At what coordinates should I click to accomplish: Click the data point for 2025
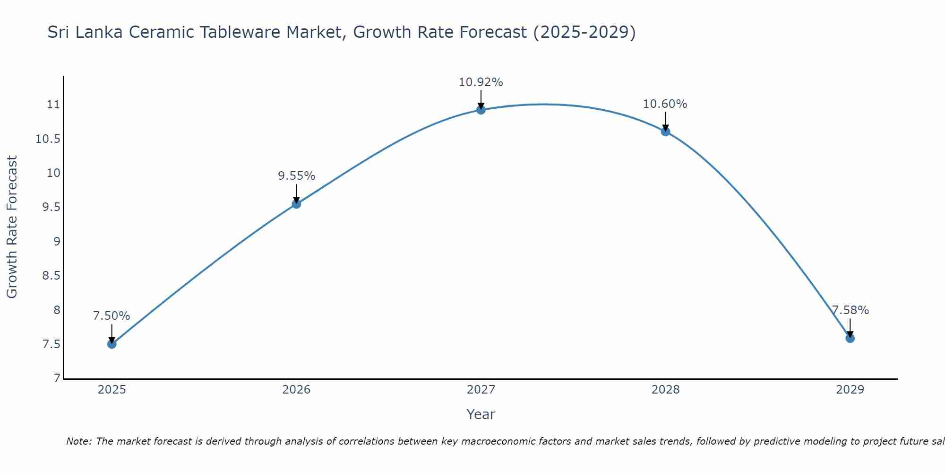pyautogui.click(x=112, y=344)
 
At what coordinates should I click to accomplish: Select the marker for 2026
pyautogui.click(x=296, y=204)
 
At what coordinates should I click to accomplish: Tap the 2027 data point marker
pyautogui.click(x=481, y=110)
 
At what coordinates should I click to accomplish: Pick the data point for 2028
pyautogui.click(x=665, y=131)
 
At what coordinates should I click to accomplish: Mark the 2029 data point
pyautogui.click(x=850, y=338)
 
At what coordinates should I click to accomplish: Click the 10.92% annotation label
pyautogui.click(x=481, y=82)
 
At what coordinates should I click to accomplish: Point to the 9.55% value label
pyautogui.click(x=296, y=176)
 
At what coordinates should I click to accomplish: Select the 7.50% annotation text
pyautogui.click(x=112, y=316)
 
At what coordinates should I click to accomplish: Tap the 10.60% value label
pyautogui.click(x=665, y=104)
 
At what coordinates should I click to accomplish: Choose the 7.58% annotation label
pyautogui.click(x=850, y=310)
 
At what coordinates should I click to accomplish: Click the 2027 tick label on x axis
pyautogui.click(x=481, y=390)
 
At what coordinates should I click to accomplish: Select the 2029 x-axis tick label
pyautogui.click(x=850, y=390)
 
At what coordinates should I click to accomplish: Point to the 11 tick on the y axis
pyautogui.click(x=54, y=105)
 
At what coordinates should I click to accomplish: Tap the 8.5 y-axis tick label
pyautogui.click(x=51, y=276)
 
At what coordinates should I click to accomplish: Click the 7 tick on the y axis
pyautogui.click(x=57, y=378)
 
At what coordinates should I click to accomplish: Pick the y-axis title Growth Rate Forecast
pyautogui.click(x=12, y=227)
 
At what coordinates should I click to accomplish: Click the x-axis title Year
pyautogui.click(x=481, y=414)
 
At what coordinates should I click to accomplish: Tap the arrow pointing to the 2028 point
pyautogui.click(x=665, y=121)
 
